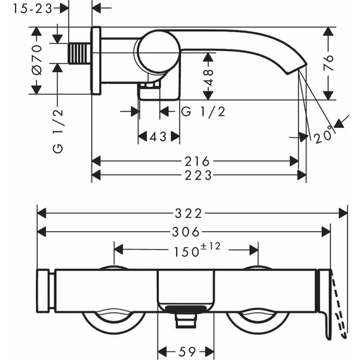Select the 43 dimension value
[159, 137]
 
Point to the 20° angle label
[322, 137]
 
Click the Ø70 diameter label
[37, 60]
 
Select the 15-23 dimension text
[31, 8]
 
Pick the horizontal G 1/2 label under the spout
[203, 112]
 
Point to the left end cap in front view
[44, 291]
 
